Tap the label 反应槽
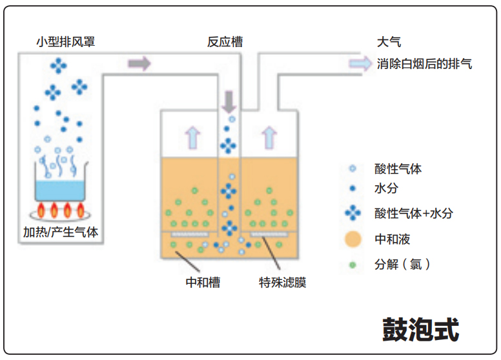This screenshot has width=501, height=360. [x=225, y=43]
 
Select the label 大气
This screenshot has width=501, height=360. [x=389, y=43]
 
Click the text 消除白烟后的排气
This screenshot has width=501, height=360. [x=424, y=64]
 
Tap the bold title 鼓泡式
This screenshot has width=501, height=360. [x=420, y=329]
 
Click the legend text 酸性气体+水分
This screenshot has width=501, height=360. [x=413, y=212]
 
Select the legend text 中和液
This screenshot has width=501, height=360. [x=392, y=239]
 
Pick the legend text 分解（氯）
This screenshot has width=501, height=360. [x=402, y=265]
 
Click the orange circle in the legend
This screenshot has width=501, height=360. [x=352, y=239]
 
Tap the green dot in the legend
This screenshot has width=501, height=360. [x=352, y=265]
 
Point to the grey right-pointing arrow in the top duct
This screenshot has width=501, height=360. [x=139, y=63]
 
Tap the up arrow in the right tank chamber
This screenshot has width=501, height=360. [x=269, y=137]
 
